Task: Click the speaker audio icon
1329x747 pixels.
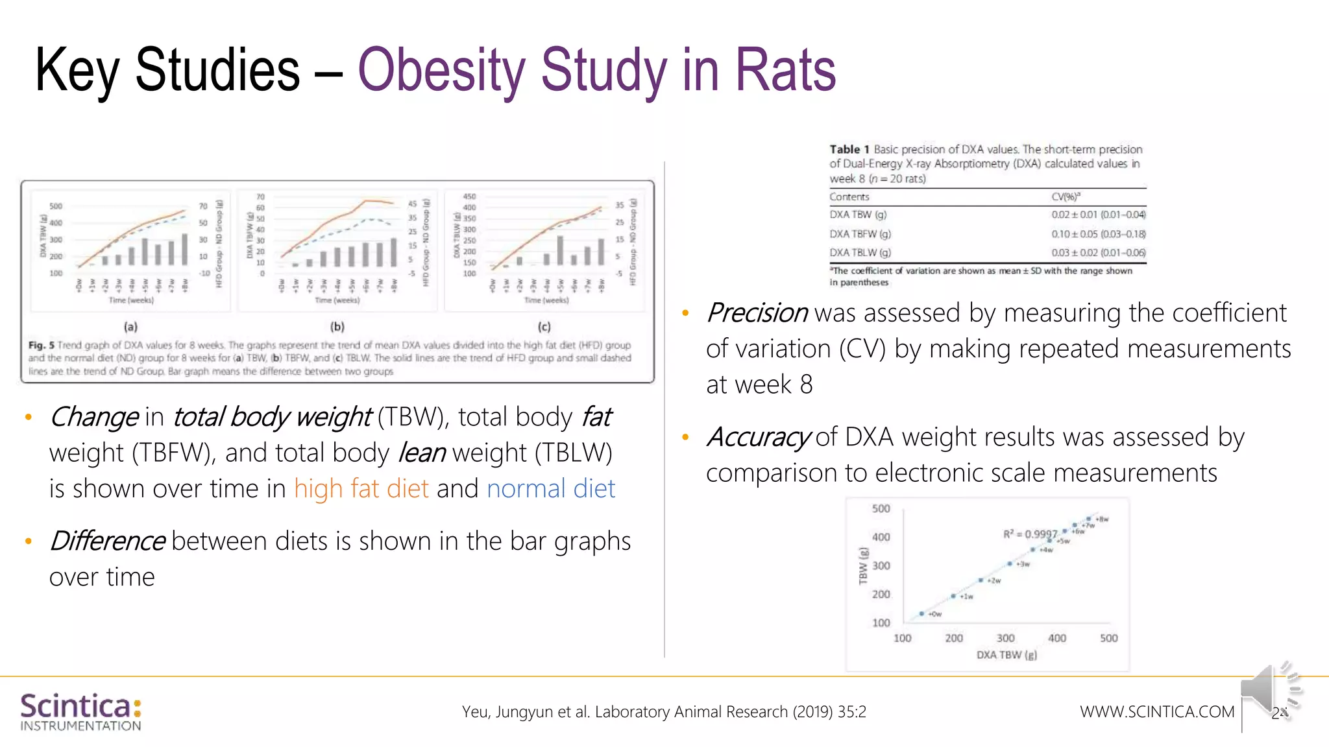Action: (x=1269, y=691)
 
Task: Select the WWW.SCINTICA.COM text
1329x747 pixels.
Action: (x=1156, y=711)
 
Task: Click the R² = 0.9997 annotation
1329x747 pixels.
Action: (x=1030, y=534)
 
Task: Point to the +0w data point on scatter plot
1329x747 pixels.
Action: (x=921, y=613)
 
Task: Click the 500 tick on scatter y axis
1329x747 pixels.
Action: (x=881, y=508)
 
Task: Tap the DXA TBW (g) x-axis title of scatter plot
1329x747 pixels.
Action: (x=1006, y=655)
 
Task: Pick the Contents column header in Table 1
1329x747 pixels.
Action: (x=849, y=196)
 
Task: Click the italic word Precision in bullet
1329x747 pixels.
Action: (x=757, y=313)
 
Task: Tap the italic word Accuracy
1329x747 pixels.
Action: (x=758, y=437)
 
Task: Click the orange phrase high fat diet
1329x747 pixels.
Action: (x=361, y=488)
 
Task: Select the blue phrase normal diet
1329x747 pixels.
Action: (x=550, y=488)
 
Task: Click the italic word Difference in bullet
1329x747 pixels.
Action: (x=107, y=541)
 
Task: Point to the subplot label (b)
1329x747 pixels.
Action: (x=337, y=327)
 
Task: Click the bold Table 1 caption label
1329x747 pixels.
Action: (x=849, y=149)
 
